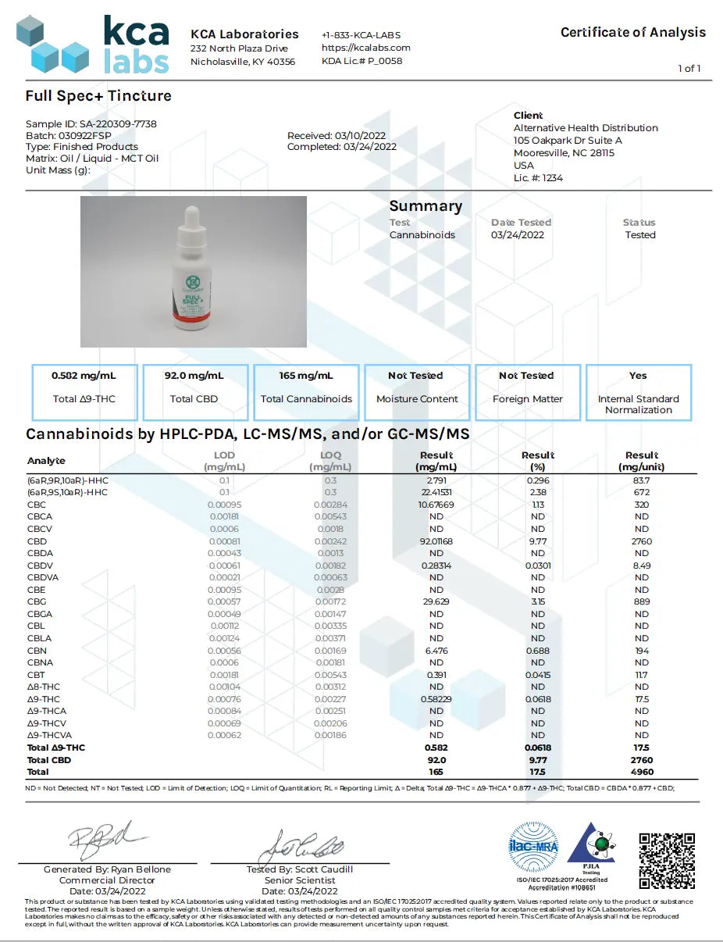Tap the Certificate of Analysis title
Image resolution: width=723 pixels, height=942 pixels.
pyautogui.click(x=632, y=32)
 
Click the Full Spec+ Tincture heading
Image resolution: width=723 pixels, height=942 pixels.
pyautogui.click(x=98, y=96)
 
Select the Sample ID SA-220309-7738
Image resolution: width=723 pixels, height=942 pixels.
pyautogui.click(x=91, y=123)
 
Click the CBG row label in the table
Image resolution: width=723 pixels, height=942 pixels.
pyautogui.click(x=37, y=601)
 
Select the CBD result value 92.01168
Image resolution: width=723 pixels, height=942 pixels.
pyautogui.click(x=436, y=541)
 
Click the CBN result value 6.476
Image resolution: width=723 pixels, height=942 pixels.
pyautogui.click(x=436, y=651)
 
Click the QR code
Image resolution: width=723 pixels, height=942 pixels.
pyautogui.click(x=667, y=861)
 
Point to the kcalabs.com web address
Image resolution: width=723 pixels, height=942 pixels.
pyautogui.click(x=365, y=48)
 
